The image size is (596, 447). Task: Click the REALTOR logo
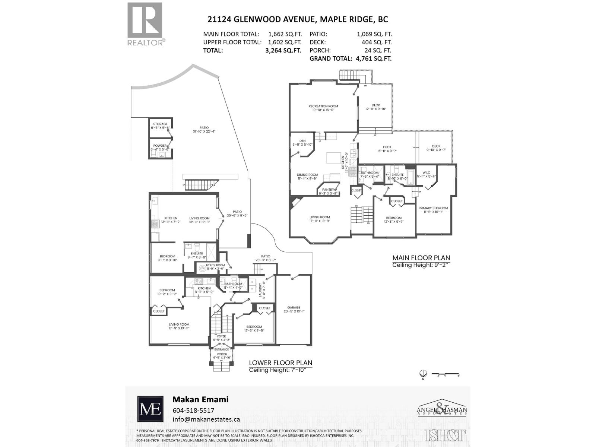pyautogui.click(x=145, y=24)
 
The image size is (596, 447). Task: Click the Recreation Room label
pyautogui.click(x=323, y=106)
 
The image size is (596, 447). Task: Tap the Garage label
pyautogui.click(x=294, y=308)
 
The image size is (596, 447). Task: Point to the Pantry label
pyautogui.click(x=328, y=190)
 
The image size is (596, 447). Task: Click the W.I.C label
pyautogui.click(x=426, y=172)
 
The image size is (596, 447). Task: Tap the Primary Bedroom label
pyautogui.click(x=433, y=208)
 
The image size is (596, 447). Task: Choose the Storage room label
pyautogui.click(x=161, y=124)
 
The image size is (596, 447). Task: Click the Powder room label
pyautogui.click(x=160, y=146)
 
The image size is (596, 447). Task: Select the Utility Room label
pyautogui.click(x=216, y=265)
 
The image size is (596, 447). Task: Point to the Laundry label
pyautogui.click(x=260, y=290)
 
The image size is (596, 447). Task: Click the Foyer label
pyautogui.click(x=221, y=336)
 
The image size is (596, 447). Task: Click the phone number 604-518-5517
pyautogui.click(x=193, y=410)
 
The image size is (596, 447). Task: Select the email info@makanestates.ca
pyautogui.click(x=206, y=419)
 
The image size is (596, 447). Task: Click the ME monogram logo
pyautogui.click(x=150, y=409)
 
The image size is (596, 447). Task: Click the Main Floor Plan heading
pyautogui.click(x=421, y=258)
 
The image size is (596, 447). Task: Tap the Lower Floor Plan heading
pyautogui.click(x=280, y=363)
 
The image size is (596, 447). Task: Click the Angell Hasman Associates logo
pyautogui.click(x=442, y=410)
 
